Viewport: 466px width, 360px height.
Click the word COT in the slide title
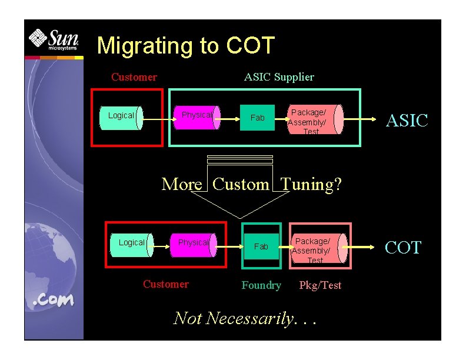point(250,46)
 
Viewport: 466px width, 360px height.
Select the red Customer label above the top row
point(134,77)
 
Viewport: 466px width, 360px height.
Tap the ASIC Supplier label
point(279,77)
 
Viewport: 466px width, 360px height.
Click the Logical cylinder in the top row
point(122,116)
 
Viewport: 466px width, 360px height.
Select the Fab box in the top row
point(257,118)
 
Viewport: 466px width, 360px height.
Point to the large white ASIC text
point(406,121)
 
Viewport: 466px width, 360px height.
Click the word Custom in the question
point(241,185)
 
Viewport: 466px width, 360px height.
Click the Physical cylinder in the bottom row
point(194,244)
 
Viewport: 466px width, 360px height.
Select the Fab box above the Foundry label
point(261,246)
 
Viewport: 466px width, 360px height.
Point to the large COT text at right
point(403,248)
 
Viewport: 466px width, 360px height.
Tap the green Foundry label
point(261,285)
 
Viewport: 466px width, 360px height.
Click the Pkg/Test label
point(320,285)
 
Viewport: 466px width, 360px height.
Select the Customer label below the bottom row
point(166,285)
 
